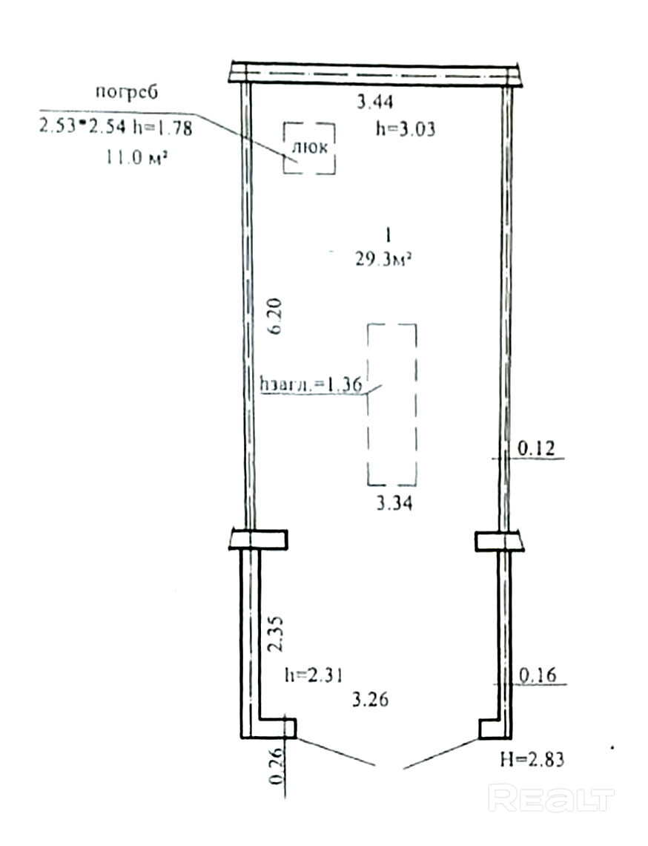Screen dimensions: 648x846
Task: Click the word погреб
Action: [127, 92]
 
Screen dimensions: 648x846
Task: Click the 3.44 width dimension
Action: [375, 102]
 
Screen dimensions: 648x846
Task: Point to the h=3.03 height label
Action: [406, 129]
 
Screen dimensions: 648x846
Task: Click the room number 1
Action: [389, 235]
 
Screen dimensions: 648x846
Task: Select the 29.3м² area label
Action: [383, 260]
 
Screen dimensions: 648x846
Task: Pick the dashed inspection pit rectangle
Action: [368, 404]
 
